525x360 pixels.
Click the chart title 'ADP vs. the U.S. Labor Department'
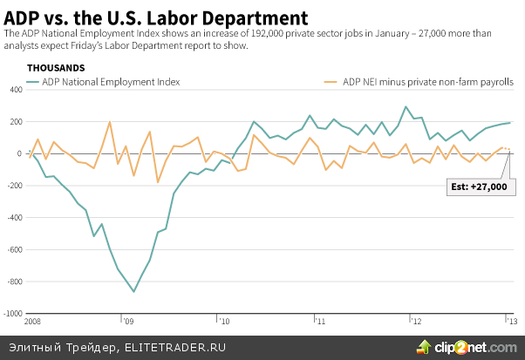click(156, 17)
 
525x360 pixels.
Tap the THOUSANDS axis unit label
click(56, 67)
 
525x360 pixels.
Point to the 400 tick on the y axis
click(14, 90)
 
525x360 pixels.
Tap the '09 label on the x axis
click(127, 322)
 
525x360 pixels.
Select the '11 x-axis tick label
click(320, 322)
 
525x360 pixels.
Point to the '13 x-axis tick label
click(511, 322)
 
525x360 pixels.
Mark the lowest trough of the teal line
click(133, 291)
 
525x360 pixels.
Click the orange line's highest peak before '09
click(110, 122)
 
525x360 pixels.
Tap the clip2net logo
click(469, 346)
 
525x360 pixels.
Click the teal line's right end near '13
click(510, 123)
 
